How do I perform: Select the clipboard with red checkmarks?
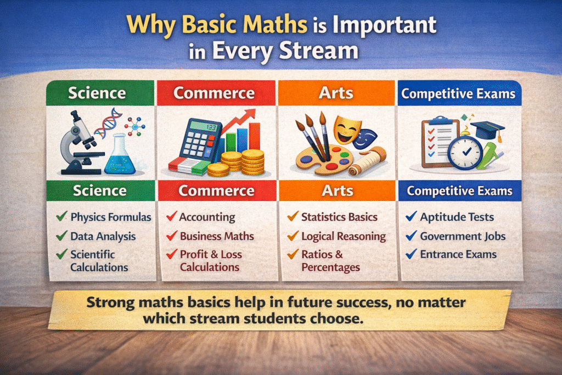437,142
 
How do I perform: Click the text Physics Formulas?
110,217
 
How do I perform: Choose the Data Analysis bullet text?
103,237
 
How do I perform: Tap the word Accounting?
207,217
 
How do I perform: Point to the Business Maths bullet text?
217,236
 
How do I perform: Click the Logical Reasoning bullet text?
344,237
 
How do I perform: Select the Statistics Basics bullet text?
339,217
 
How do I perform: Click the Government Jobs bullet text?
463,237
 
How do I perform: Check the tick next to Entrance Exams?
411,255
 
